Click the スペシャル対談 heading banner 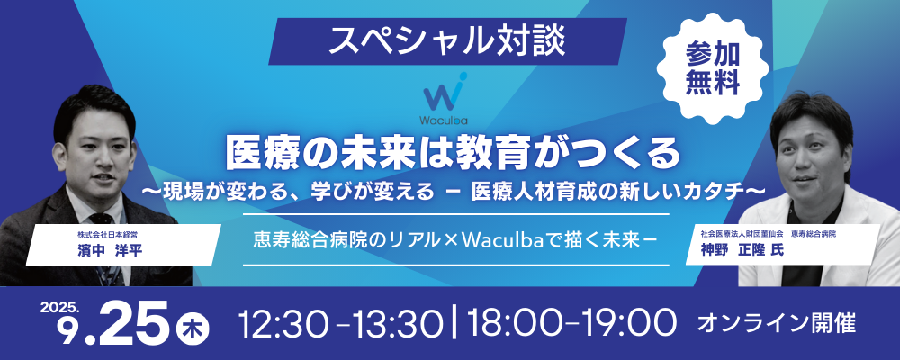tap(447, 41)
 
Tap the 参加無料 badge tap(712, 69)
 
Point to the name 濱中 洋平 tap(109, 252)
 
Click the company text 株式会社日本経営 tap(104, 235)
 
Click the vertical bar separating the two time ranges tap(456, 324)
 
